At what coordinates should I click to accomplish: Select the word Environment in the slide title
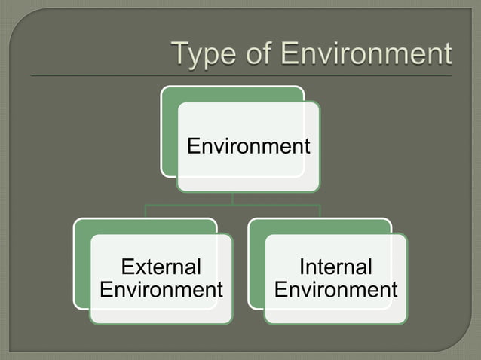(365, 55)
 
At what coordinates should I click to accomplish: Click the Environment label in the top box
(248, 146)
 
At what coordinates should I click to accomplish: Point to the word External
(161, 267)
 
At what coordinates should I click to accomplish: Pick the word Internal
(335, 267)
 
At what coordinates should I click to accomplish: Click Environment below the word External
(161, 290)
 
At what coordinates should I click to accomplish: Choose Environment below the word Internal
(335, 290)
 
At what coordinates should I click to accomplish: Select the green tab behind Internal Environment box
(256, 264)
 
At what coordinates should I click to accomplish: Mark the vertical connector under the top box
(233, 198)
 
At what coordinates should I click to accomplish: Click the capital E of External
(127, 267)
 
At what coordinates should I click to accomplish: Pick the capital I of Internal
(302, 267)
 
